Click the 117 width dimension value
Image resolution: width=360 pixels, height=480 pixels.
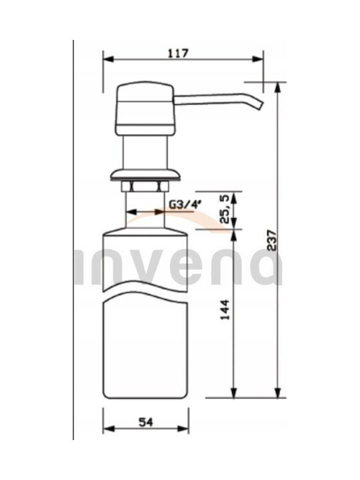[x=178, y=53]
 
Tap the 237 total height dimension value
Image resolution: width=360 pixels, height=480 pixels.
[x=271, y=240]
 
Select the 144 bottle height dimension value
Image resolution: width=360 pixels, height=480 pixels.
[x=225, y=310]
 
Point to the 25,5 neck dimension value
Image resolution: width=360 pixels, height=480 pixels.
[x=225, y=210]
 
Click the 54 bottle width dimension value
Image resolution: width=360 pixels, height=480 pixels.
[x=146, y=423]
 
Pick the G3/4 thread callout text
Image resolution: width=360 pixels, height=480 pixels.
[x=185, y=204]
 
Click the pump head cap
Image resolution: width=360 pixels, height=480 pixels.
[x=145, y=109]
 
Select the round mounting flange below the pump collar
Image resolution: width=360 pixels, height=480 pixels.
[x=145, y=175]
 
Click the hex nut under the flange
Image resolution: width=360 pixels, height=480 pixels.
[x=145, y=187]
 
